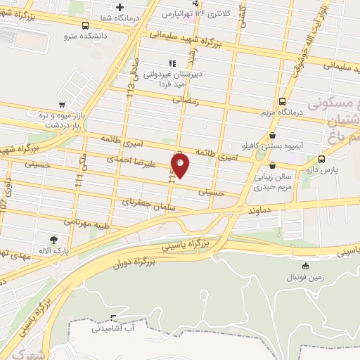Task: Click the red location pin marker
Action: pos(181,167)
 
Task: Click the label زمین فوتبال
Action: pos(305,278)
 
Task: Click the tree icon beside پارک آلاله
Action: pos(53,240)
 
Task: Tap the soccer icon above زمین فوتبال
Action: pos(305,266)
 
